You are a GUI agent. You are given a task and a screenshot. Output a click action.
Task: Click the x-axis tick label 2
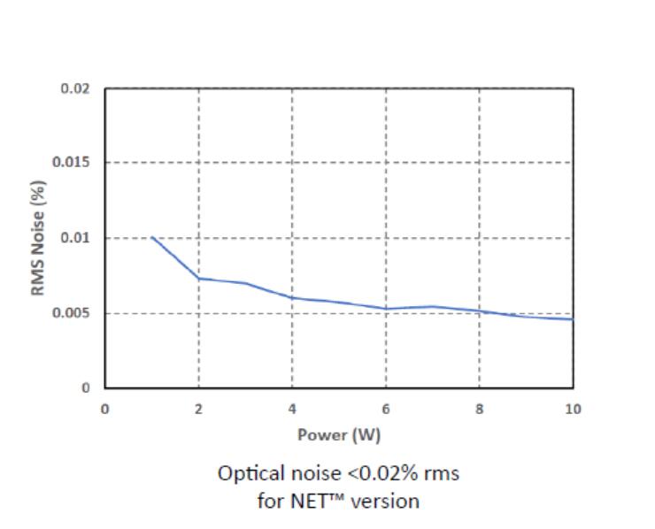(x=198, y=408)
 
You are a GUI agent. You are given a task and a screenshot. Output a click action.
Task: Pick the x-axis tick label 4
(x=292, y=408)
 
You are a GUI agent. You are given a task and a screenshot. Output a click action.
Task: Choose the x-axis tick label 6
(x=386, y=408)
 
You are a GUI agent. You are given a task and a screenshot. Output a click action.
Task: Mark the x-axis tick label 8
(x=480, y=408)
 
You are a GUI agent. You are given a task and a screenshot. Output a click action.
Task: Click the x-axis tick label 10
(x=573, y=408)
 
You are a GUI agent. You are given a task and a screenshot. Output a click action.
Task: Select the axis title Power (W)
(x=339, y=434)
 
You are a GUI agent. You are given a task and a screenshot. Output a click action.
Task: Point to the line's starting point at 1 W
(x=152, y=237)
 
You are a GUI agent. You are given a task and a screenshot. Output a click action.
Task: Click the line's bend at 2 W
(x=198, y=278)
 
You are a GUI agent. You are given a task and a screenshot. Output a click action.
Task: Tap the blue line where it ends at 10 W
(x=573, y=319)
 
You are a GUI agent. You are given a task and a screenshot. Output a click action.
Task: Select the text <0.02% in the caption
(x=380, y=473)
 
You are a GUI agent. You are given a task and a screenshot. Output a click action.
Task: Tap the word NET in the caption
(x=303, y=501)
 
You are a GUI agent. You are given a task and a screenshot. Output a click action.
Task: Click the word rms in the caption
(x=441, y=473)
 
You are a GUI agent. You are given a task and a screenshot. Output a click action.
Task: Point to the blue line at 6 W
(x=386, y=309)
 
